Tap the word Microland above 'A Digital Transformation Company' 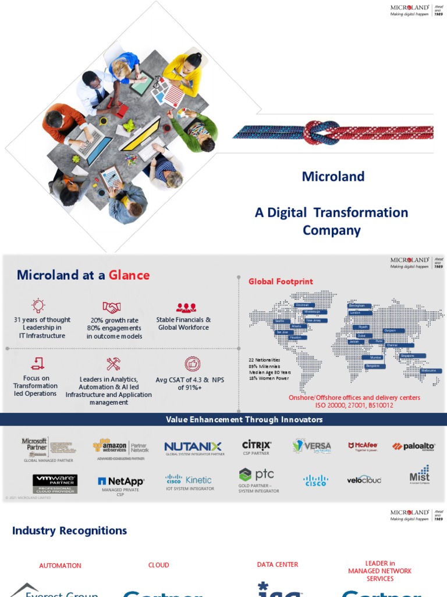coord(333,177)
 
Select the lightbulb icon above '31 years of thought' coord(38,305)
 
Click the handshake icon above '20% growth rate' coord(111,307)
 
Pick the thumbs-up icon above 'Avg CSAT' coord(193,364)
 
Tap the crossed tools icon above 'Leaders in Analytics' coord(113,364)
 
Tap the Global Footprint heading coord(281,282)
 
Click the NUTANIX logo coord(193,447)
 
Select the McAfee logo coord(363,447)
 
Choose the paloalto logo coord(413,447)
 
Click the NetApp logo coord(121,482)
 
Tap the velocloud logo coord(364,480)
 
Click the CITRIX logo coord(257,445)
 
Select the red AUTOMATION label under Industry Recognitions coord(60,566)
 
